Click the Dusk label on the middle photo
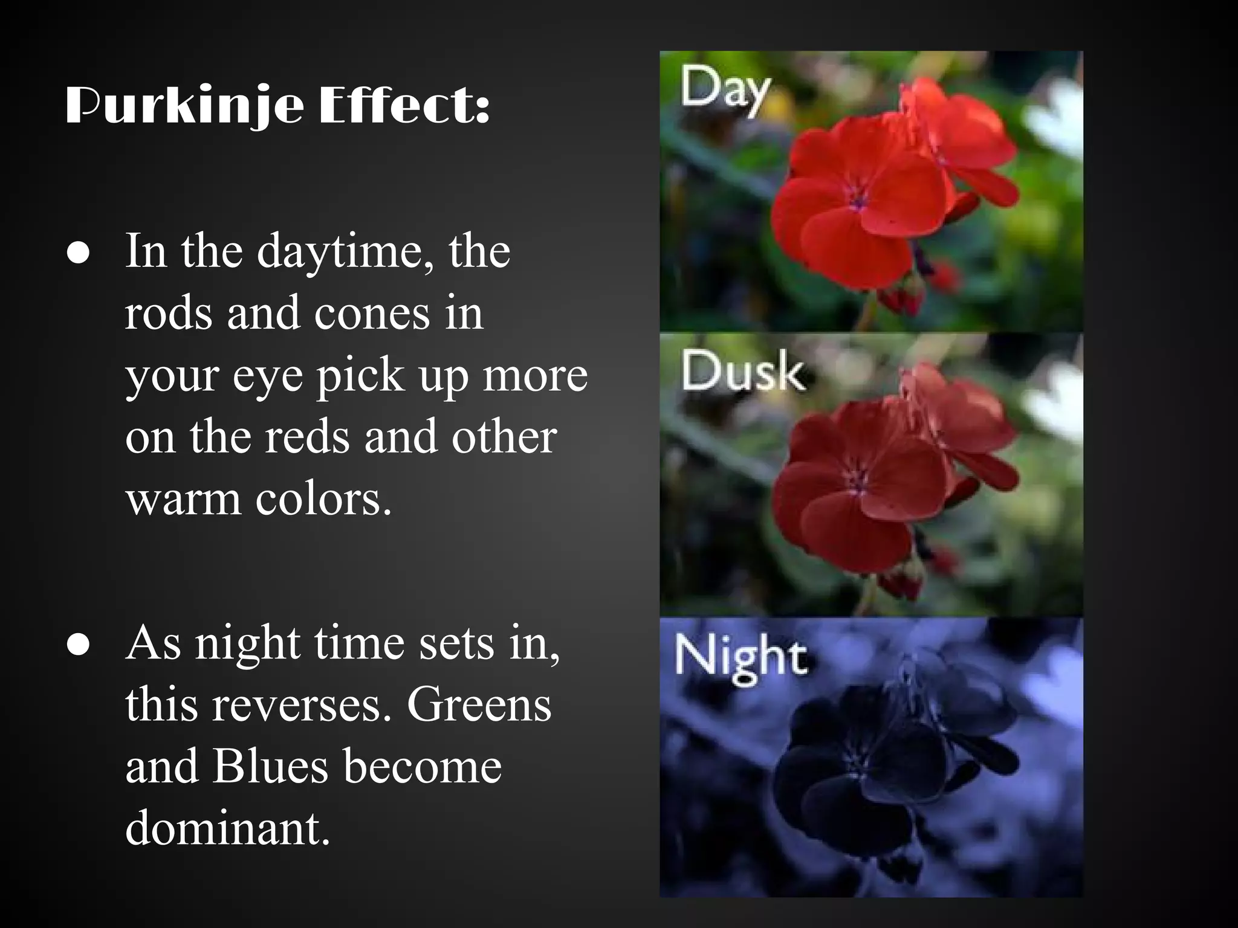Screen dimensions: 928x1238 [742, 371]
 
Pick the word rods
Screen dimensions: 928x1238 [169, 313]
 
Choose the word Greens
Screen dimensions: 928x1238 [479, 705]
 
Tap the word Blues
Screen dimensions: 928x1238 [270, 767]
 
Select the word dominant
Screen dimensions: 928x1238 [227, 828]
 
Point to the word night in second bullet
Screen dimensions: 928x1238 [247, 643]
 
